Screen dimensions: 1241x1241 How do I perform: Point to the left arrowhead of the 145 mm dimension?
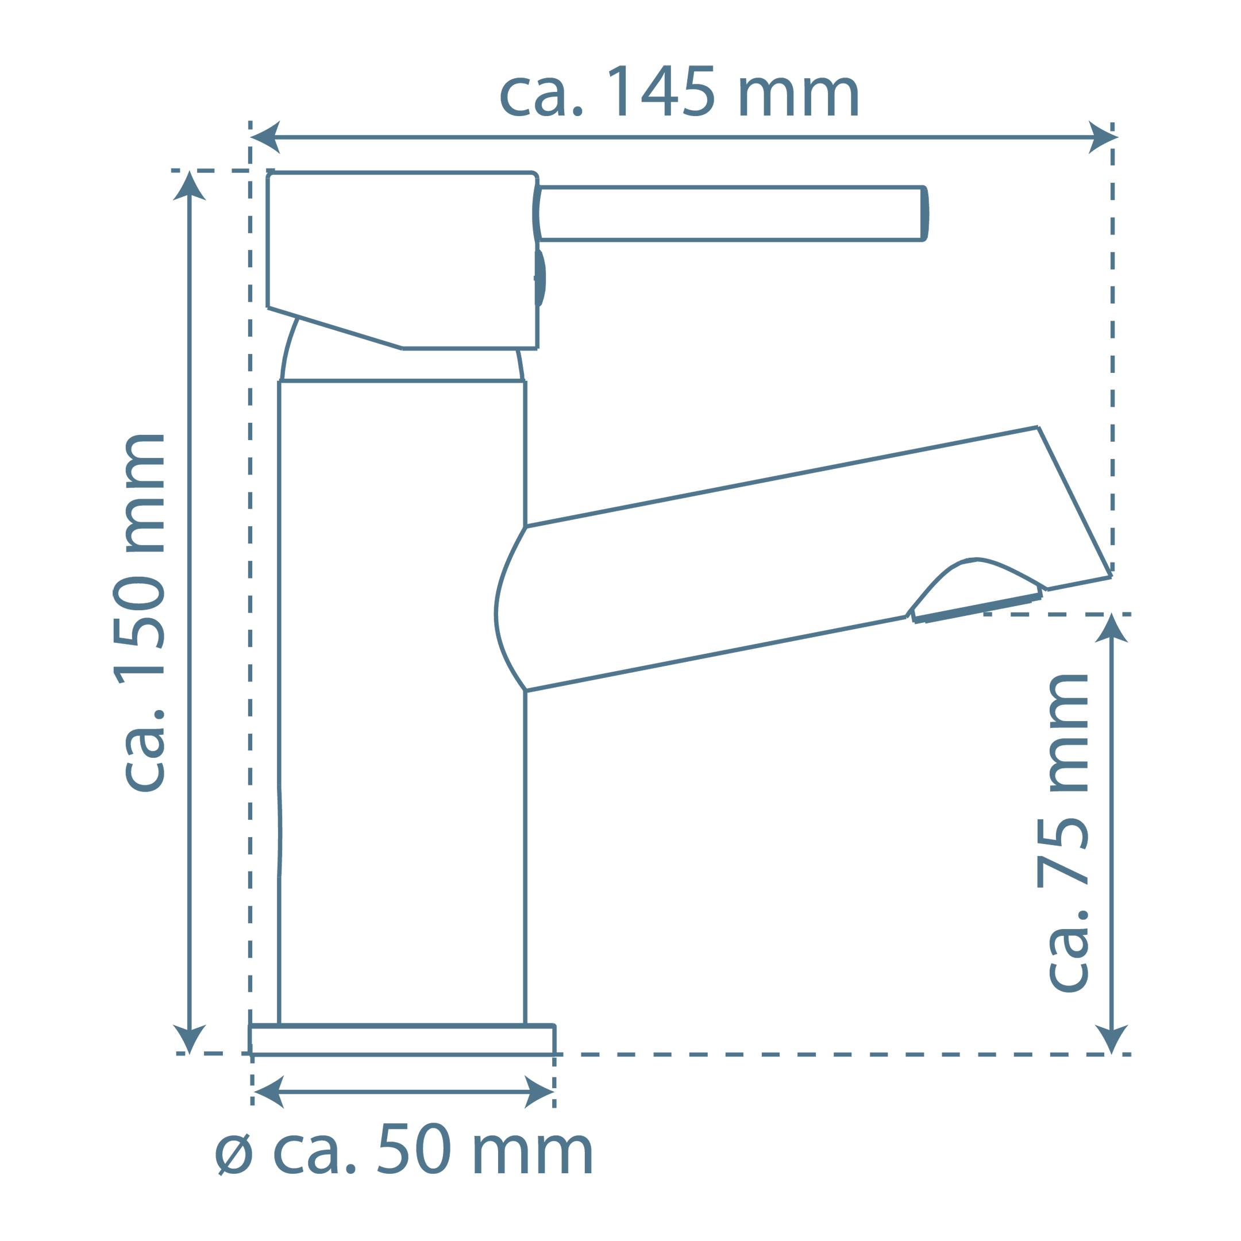tap(265, 137)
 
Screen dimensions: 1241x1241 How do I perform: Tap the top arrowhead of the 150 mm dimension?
tap(189, 186)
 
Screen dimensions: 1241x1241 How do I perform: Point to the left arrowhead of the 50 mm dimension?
tap(270, 1092)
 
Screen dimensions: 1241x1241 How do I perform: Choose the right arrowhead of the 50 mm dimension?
tap(538, 1092)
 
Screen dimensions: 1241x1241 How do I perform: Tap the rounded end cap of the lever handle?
tap(924, 214)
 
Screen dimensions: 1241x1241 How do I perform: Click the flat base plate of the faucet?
tap(402, 1040)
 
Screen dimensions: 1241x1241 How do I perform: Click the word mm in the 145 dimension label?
tap(799, 97)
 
